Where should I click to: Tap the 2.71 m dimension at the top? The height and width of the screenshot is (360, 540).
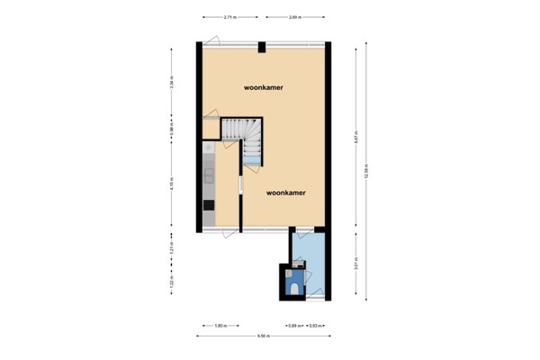(x=231, y=17)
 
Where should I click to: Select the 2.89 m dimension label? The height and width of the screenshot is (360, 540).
(x=295, y=17)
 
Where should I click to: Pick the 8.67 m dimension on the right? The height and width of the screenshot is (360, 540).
(x=356, y=138)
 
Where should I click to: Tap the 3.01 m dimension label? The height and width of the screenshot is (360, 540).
(x=356, y=265)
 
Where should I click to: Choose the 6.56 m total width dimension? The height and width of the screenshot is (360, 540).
(x=264, y=337)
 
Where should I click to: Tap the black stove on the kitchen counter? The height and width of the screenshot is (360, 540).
(x=209, y=206)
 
